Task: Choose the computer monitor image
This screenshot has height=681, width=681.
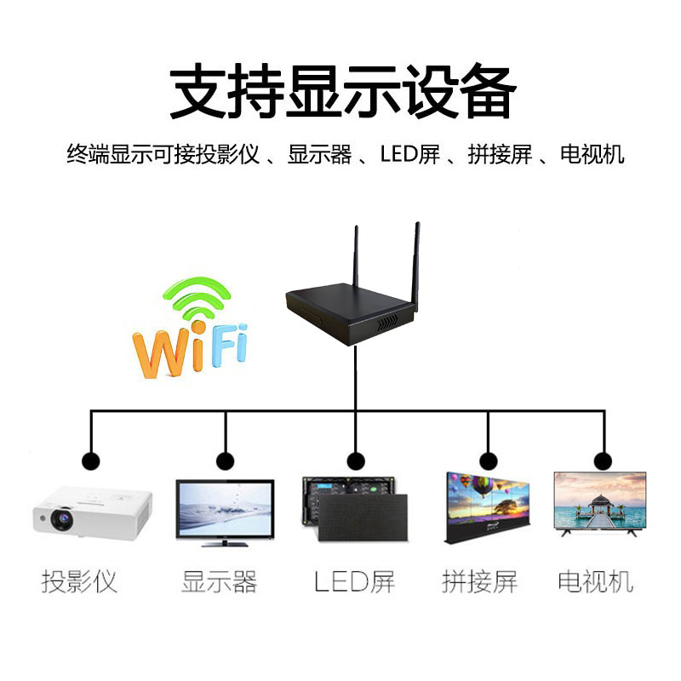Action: click(225, 511)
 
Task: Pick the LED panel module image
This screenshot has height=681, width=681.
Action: click(353, 509)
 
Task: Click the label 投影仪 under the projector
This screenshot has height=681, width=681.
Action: click(79, 582)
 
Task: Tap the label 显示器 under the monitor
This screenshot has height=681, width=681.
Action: click(219, 582)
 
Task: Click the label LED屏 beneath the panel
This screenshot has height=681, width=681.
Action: click(354, 582)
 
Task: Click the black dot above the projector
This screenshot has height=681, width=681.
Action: click(90, 461)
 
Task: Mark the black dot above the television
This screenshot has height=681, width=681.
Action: click(603, 461)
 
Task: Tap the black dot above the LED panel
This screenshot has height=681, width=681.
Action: click(354, 461)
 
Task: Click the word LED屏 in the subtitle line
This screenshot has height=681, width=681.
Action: click(409, 155)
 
